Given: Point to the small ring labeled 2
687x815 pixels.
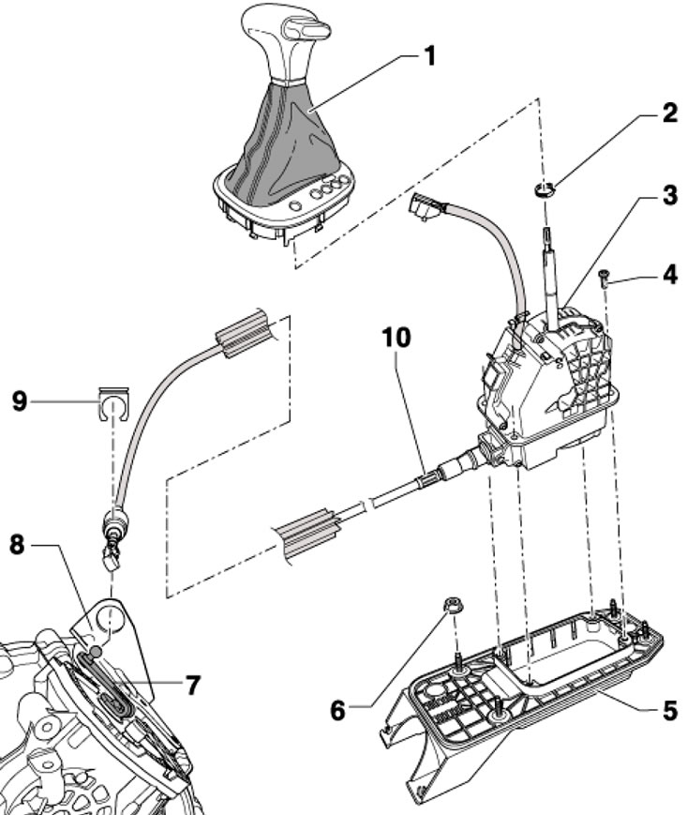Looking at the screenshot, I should click(x=541, y=193).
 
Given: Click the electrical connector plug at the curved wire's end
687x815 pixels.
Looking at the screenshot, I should click(x=424, y=206).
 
